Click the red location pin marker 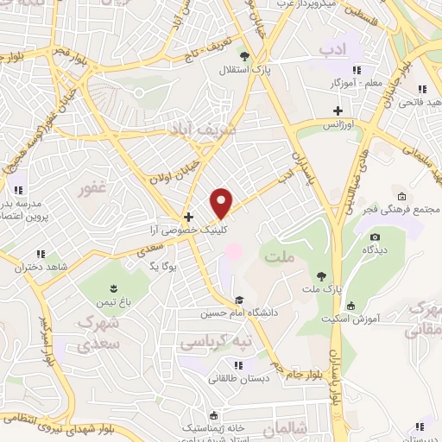[222, 203]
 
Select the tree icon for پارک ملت [321, 275]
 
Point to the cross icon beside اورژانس [338, 110]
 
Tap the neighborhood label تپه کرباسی [217, 343]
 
